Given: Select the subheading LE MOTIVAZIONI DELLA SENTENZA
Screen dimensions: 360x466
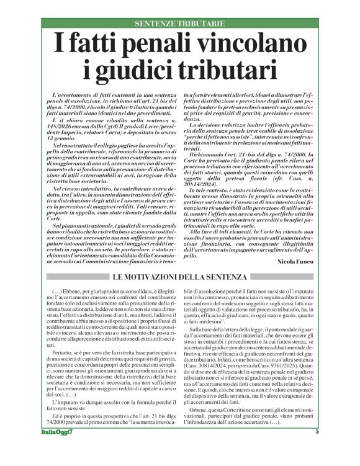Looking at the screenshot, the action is click(x=180, y=276).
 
